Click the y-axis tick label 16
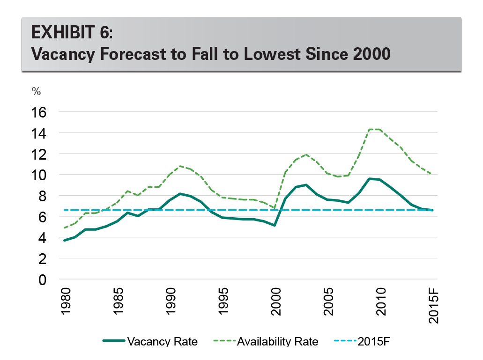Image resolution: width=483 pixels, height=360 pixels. (x=39, y=112)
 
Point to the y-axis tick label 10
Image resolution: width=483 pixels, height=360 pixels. (x=39, y=175)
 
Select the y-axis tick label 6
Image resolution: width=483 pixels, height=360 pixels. (x=43, y=217)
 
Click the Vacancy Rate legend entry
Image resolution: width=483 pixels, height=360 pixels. (x=162, y=342)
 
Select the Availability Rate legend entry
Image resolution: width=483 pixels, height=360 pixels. (x=278, y=342)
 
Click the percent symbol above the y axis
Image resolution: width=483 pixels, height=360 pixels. (x=36, y=91)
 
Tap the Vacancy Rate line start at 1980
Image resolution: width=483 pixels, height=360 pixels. (x=65, y=240)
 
